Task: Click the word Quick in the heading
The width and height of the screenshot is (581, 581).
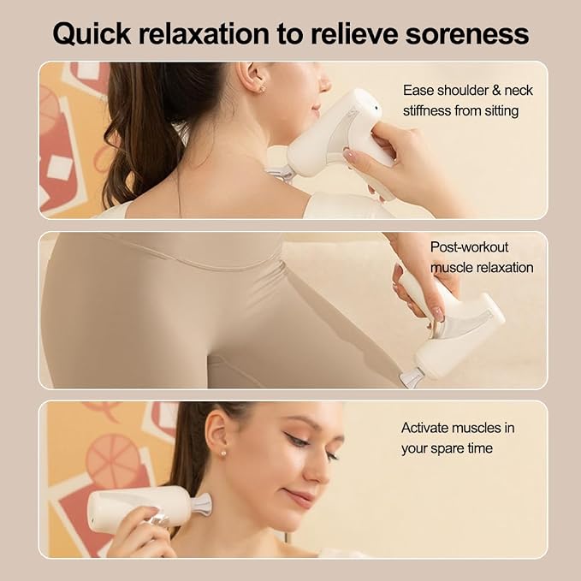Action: point(92,34)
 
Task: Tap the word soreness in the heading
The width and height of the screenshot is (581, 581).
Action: point(467,34)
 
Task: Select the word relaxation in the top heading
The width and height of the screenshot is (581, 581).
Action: point(204,33)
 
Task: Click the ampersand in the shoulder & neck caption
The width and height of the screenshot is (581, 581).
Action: point(496,91)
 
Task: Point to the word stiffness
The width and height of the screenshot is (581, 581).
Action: point(427,110)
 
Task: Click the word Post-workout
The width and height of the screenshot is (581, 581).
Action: point(469,247)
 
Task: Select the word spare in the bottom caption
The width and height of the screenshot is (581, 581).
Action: point(445,448)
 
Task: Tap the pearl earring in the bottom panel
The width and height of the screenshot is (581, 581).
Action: point(223,453)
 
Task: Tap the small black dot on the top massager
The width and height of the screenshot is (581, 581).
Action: point(376,108)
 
